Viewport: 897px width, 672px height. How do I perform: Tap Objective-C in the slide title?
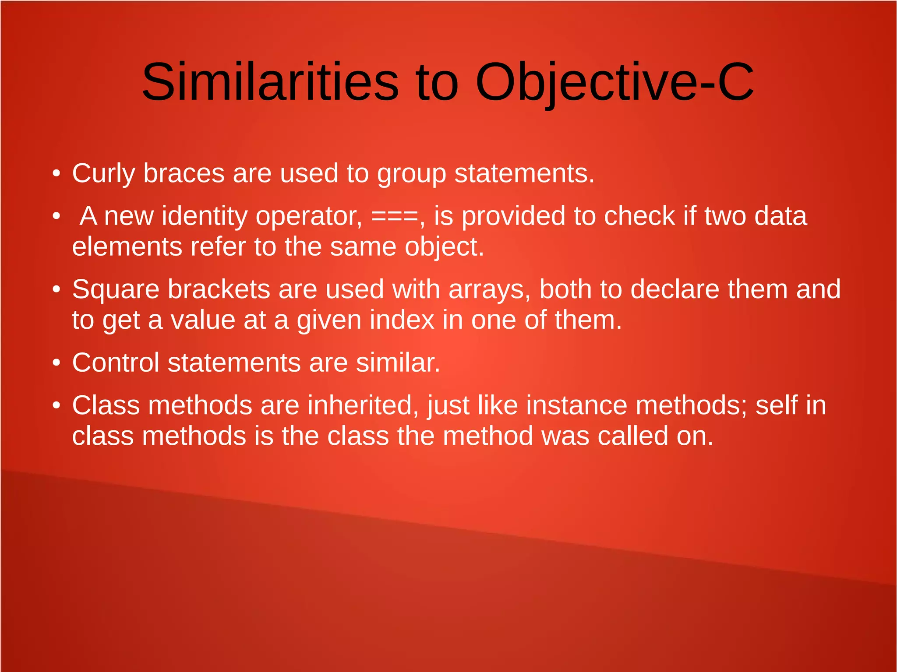tap(614, 82)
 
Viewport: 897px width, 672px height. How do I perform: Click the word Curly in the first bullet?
tap(103, 174)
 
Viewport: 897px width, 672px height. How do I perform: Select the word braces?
tap(184, 174)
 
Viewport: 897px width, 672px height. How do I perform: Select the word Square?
tap(116, 290)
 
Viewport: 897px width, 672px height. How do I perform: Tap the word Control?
tap(116, 363)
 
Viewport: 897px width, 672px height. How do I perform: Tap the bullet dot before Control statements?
tap(56, 363)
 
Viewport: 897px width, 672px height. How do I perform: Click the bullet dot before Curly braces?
tap(56, 174)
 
